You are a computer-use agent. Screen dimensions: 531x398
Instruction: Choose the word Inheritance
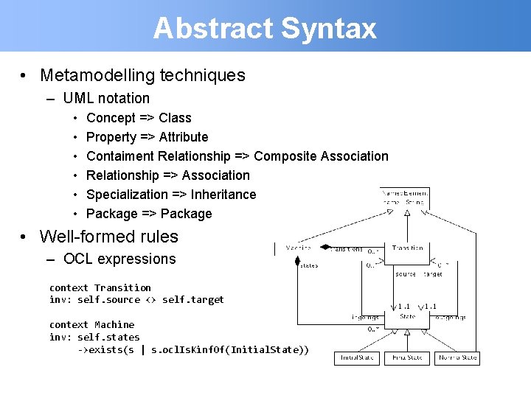click(x=223, y=194)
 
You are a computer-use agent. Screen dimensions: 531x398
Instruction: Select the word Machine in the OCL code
click(x=114, y=324)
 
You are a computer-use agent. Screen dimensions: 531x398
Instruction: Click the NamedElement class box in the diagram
click(x=405, y=197)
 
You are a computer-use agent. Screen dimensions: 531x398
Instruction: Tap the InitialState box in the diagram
click(x=358, y=357)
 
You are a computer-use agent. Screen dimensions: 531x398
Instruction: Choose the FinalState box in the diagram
click(x=408, y=357)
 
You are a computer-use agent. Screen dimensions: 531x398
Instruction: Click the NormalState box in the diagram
click(x=457, y=357)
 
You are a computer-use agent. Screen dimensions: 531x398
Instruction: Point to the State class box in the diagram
click(x=408, y=317)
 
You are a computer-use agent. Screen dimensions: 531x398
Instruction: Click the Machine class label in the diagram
click(x=299, y=248)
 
